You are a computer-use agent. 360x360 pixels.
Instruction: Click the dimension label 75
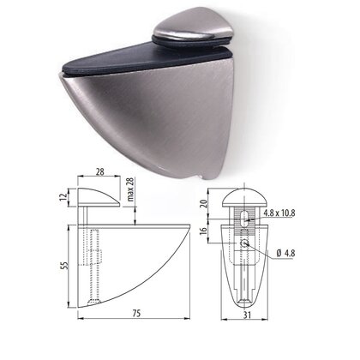tap(136, 313)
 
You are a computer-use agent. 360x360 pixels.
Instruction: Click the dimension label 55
tap(65, 265)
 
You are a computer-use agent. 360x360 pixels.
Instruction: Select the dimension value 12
tap(63, 197)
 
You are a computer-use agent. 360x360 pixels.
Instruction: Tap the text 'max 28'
tap(130, 189)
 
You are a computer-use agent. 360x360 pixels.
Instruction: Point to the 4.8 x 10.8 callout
tap(279, 213)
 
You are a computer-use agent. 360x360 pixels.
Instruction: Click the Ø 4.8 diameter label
tap(285, 253)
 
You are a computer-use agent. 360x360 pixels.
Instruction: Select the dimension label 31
tap(248, 315)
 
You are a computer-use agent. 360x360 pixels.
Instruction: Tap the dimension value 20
tap(204, 203)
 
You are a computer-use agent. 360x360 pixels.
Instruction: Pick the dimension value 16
tap(204, 231)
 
